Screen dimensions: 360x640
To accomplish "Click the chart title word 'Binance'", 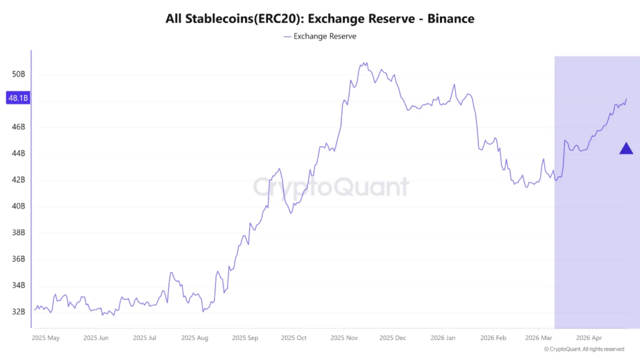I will (451, 19).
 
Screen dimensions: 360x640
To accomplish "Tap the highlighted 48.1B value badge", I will (17, 98).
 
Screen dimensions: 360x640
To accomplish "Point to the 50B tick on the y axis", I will (19, 74).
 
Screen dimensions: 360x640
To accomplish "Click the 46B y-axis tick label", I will (19, 127).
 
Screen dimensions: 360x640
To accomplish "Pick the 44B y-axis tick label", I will (19, 153).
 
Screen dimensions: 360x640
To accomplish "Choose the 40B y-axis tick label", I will (19, 206).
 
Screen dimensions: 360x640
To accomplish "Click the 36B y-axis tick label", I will (19, 259).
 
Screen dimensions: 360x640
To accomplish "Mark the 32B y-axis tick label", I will (19, 311).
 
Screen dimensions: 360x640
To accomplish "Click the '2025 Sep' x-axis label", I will (245, 337).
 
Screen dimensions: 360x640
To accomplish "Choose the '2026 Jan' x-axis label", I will (442, 337).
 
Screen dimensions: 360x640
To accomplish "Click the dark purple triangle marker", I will (626, 149).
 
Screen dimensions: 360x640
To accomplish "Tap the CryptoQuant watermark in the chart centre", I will (331, 187).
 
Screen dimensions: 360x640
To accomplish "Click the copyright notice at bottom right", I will (584, 349).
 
